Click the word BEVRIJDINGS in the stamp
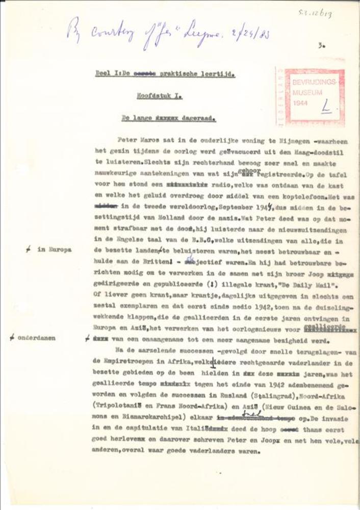(309, 83)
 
